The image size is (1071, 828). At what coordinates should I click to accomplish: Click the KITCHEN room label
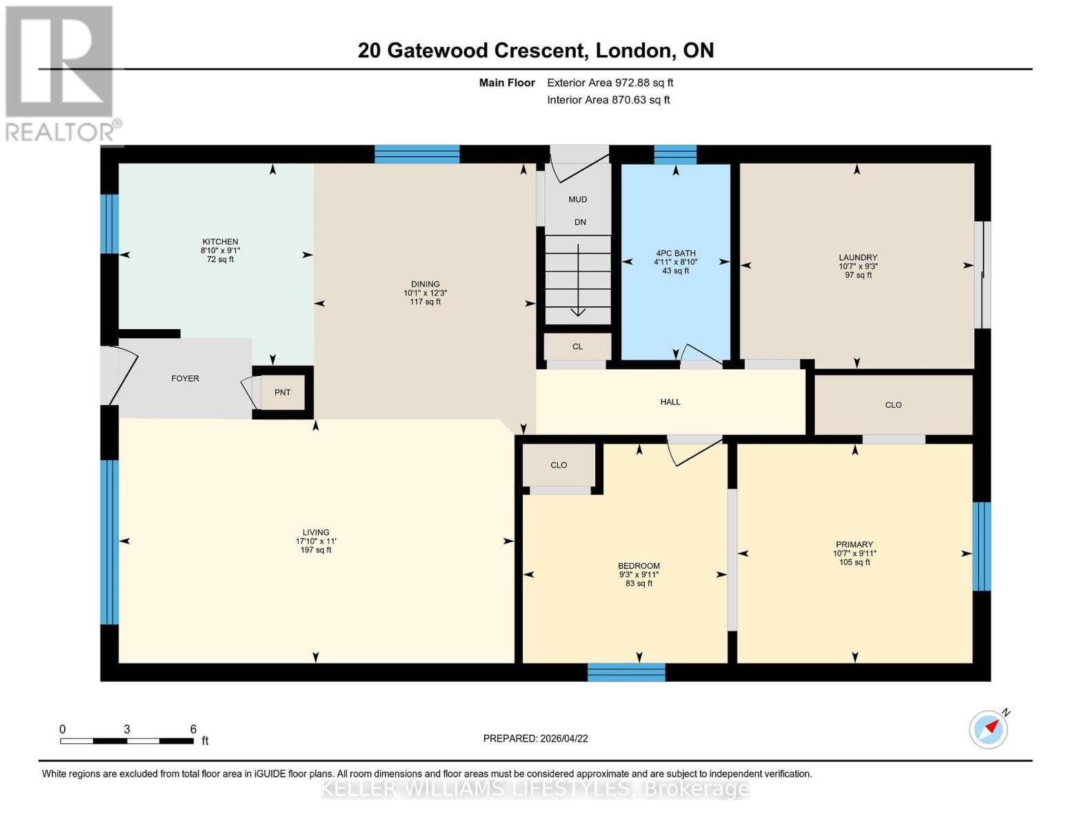[220, 241]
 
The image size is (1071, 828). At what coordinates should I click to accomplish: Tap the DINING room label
[425, 284]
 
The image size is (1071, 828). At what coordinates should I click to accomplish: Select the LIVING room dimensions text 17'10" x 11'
[315, 541]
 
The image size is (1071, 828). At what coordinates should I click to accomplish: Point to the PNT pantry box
[283, 392]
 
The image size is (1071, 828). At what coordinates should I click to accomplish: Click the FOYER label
[185, 378]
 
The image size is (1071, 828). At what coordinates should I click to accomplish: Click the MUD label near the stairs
[577, 199]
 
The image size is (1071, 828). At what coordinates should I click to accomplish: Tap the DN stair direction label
[580, 222]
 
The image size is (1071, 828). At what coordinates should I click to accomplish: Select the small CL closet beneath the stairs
[577, 346]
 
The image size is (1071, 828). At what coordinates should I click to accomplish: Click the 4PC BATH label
[675, 253]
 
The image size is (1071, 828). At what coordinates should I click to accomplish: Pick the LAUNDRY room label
[858, 257]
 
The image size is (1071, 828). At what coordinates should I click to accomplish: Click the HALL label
[670, 402]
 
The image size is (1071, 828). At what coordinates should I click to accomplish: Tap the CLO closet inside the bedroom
[559, 465]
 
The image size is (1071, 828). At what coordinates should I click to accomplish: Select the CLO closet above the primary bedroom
[893, 405]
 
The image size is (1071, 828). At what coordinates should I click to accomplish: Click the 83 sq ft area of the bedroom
[639, 584]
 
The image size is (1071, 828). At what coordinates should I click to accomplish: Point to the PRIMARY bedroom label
[854, 544]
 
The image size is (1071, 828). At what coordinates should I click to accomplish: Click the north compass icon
[988, 729]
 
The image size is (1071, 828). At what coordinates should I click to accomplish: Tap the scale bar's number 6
[193, 729]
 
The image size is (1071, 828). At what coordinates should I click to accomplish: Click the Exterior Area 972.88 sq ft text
[610, 83]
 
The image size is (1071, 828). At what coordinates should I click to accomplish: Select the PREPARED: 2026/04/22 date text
[535, 738]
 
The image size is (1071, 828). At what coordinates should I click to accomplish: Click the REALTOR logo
[61, 72]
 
